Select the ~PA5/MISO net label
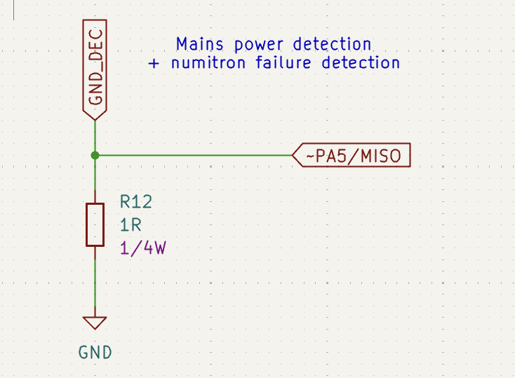[x=353, y=156]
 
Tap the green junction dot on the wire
[x=95, y=156]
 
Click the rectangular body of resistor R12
[x=95, y=224]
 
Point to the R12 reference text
[x=135, y=203]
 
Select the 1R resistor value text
[x=131, y=225]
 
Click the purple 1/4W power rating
[x=142, y=248]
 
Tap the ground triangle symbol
[x=95, y=322]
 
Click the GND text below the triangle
[x=95, y=352]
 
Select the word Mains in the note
[x=199, y=44]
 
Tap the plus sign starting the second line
[x=154, y=63]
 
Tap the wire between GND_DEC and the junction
[x=95, y=137]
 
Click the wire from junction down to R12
[x=95, y=180]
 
